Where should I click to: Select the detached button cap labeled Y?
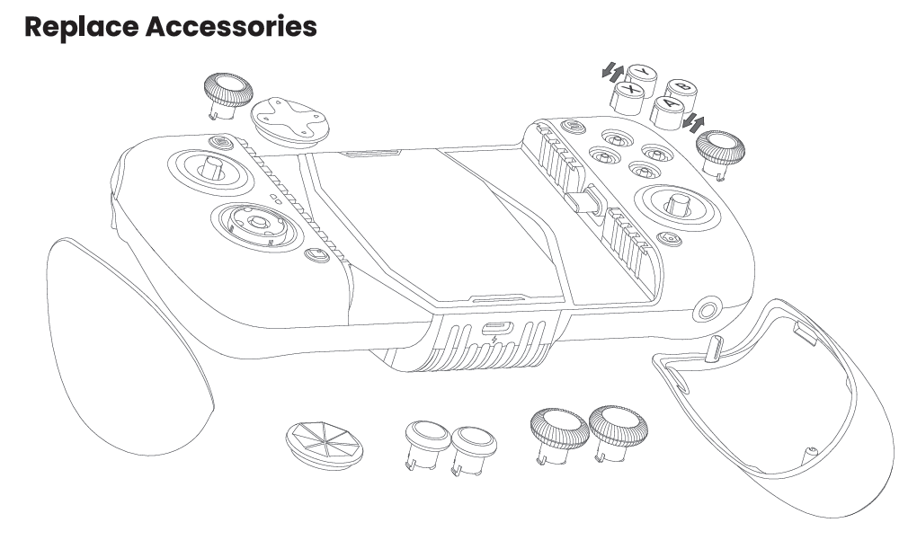pyautogui.click(x=642, y=75)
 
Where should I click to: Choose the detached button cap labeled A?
pyautogui.click(x=668, y=112)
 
